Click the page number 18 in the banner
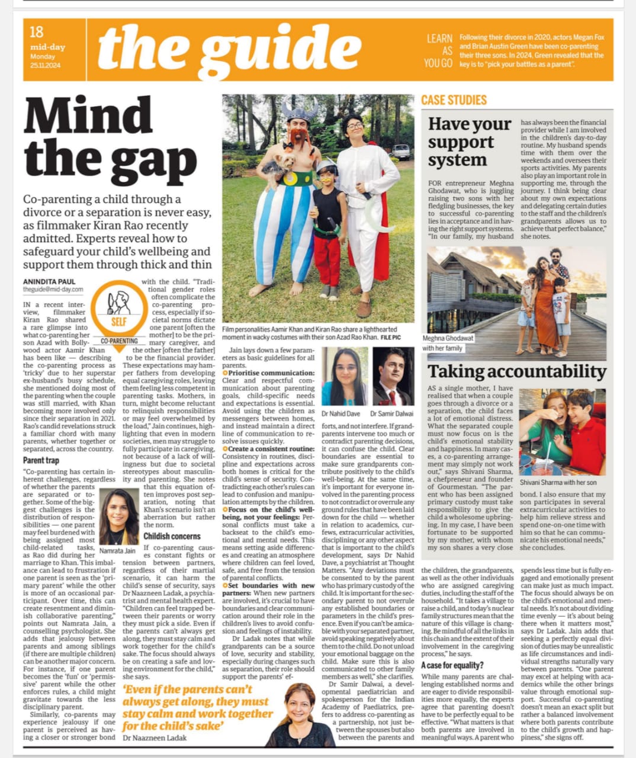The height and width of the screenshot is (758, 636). coord(37,32)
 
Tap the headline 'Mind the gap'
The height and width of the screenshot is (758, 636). coord(110,140)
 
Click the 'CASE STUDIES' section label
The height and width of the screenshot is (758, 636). coord(454,100)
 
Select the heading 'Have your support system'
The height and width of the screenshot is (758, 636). coord(469,142)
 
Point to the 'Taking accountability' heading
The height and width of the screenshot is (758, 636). coord(516,371)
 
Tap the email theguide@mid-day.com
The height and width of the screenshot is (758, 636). coord(53,290)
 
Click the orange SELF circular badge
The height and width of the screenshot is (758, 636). coord(119,307)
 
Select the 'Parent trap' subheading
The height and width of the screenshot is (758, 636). coord(41,460)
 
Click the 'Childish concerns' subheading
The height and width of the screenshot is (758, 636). coord(172,536)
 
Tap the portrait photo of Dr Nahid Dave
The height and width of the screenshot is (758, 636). coord(344,377)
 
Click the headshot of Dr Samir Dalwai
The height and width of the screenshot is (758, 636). coord(392,377)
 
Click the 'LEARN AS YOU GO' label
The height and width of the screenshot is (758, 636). coord(439,50)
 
